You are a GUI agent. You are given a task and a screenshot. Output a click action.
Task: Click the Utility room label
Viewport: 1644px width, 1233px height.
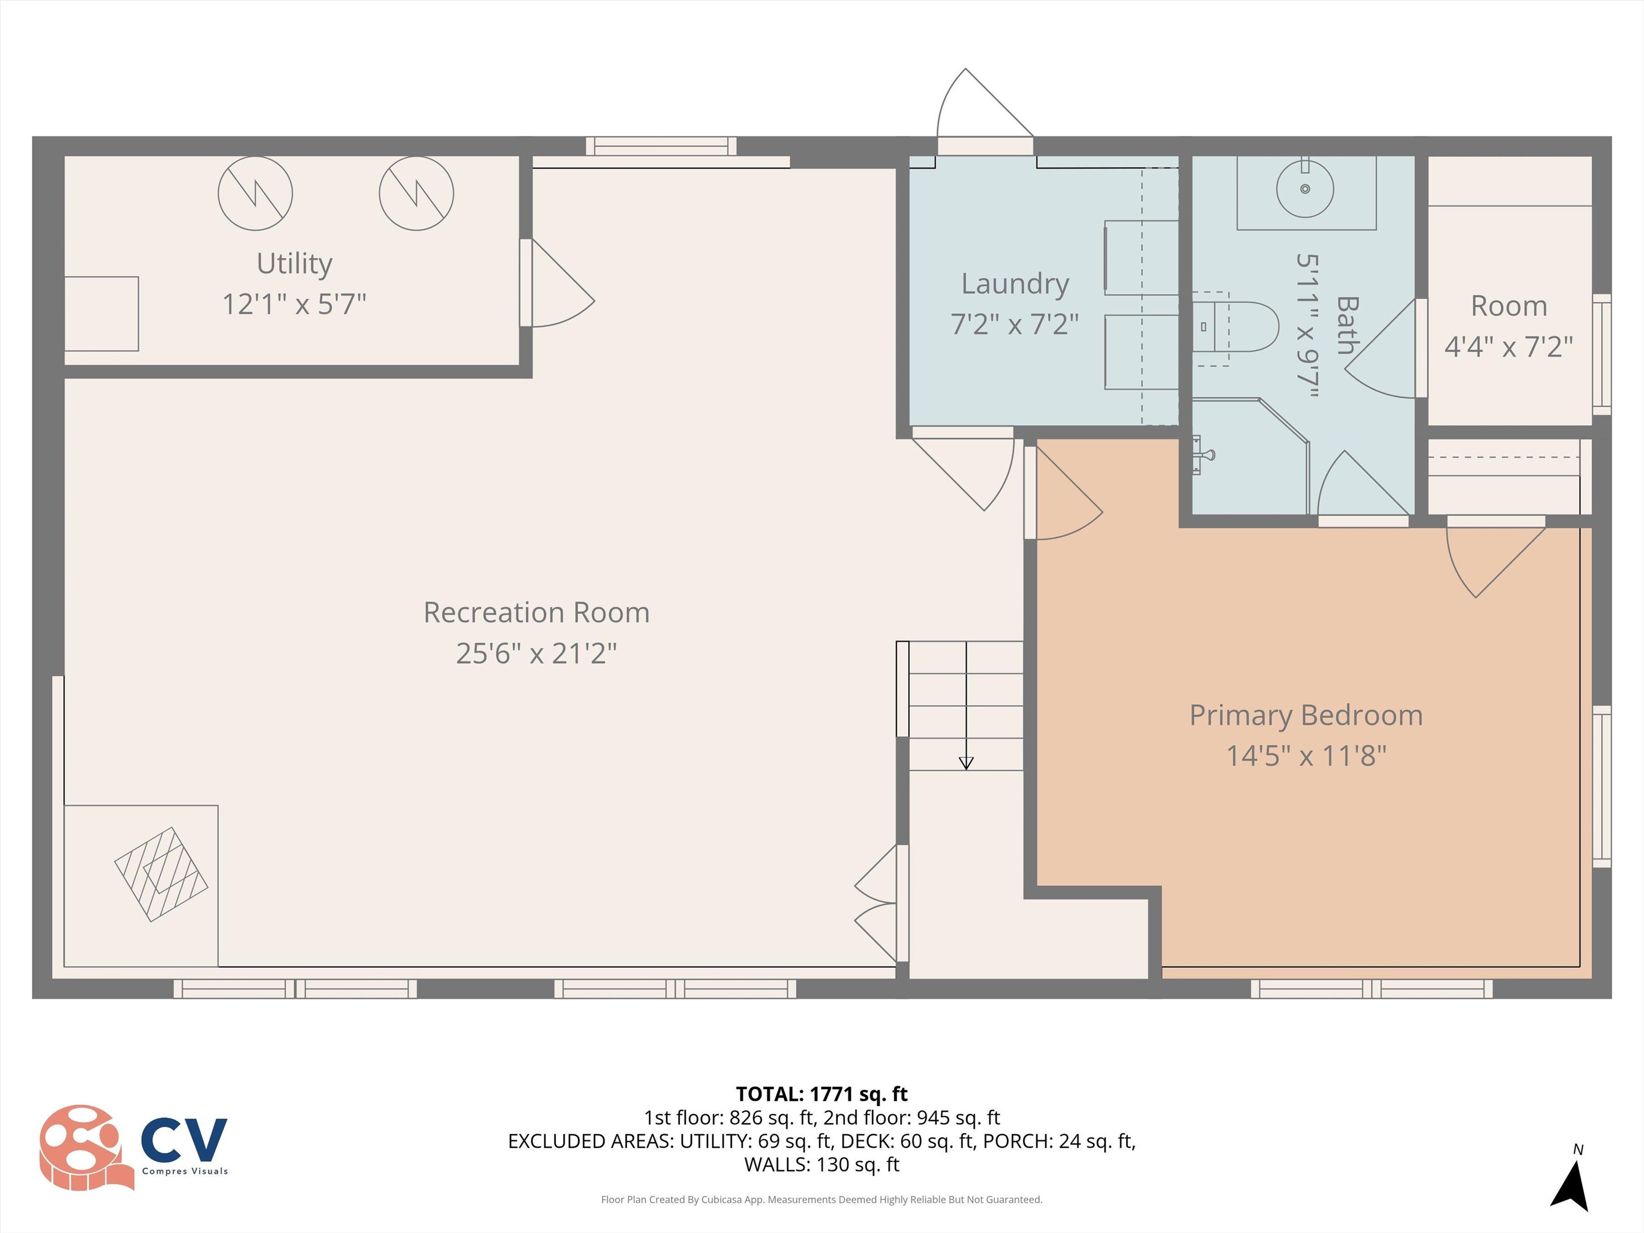[x=294, y=264]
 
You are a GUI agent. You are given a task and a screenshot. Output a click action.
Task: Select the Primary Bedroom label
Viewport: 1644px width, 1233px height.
[x=1306, y=715]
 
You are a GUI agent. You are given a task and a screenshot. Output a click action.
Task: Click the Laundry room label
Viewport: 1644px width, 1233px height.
[x=1015, y=284]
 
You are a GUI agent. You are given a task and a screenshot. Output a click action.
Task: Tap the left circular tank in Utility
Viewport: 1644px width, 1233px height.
[x=255, y=193]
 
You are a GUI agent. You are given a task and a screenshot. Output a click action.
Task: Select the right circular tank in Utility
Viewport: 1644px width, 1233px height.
[x=416, y=193]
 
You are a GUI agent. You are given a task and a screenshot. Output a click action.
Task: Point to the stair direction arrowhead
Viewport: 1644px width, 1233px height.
[x=965, y=763]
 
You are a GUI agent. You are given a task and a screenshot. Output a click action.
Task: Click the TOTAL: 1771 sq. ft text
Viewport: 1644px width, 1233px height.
[x=821, y=1094]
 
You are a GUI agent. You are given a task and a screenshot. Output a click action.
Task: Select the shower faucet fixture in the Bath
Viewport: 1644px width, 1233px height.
[x=1202, y=454]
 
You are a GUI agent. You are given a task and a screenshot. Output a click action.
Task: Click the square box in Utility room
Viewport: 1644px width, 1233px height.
[x=102, y=314]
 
